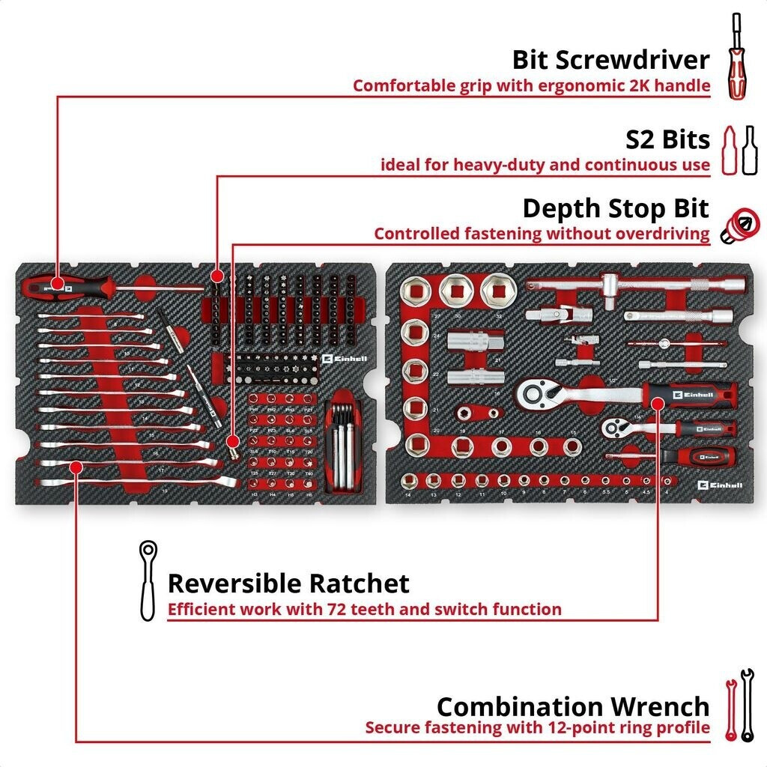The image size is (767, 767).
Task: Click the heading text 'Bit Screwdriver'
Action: (610, 59)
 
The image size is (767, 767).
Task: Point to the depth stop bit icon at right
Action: (736, 224)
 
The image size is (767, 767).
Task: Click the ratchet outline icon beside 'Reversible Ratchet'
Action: (147, 581)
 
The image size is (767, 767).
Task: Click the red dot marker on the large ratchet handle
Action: (658, 404)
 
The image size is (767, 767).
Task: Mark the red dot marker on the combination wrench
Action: (76, 467)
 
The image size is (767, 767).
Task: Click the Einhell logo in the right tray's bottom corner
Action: (720, 485)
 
